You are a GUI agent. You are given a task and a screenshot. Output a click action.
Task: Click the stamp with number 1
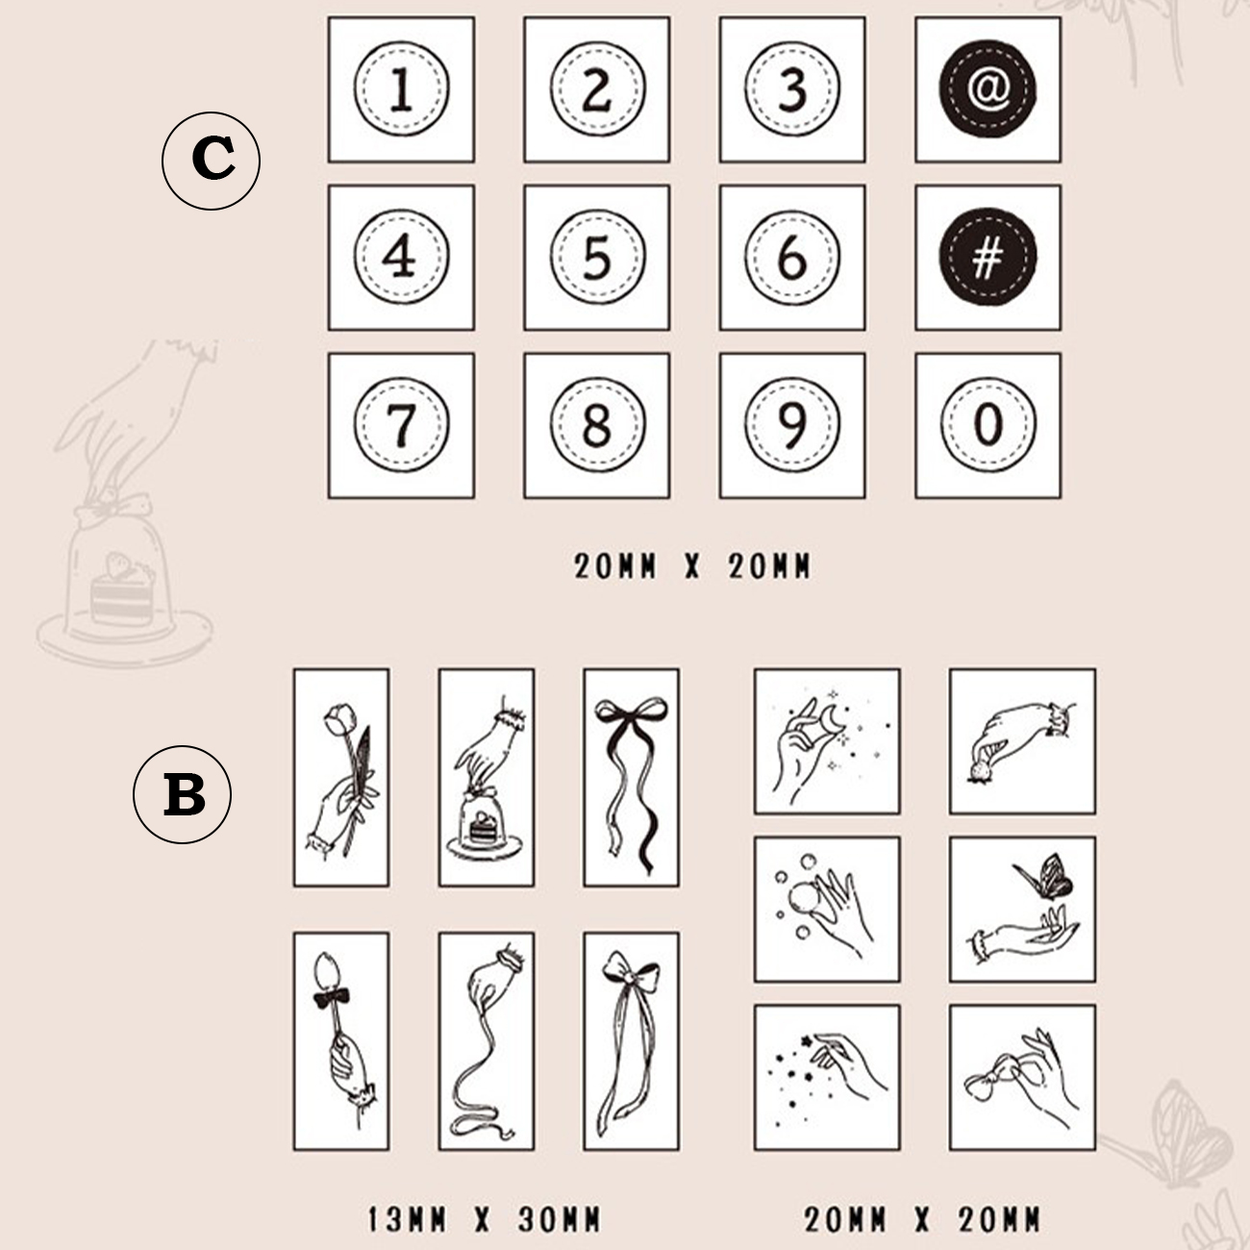click(401, 89)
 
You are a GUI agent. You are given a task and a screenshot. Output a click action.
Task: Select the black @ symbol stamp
click(987, 89)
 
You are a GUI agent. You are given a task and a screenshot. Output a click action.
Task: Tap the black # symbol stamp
click(987, 258)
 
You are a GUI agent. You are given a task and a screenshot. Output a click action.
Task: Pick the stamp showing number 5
click(597, 258)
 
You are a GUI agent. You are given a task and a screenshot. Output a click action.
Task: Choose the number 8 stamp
click(597, 426)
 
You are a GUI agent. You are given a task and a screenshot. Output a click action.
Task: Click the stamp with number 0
click(987, 426)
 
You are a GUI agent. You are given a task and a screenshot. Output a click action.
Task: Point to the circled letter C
click(211, 161)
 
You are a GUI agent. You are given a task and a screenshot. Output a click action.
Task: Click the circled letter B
click(183, 794)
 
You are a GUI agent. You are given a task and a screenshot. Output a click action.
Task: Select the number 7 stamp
click(401, 426)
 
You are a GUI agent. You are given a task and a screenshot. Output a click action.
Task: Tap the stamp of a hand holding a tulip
click(341, 778)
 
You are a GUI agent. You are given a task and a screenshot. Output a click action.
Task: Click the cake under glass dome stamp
click(487, 778)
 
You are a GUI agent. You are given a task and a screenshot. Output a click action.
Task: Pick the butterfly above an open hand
click(1022, 910)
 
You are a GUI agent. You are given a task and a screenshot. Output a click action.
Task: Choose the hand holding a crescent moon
click(827, 741)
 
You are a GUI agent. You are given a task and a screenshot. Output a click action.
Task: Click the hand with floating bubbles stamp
click(827, 910)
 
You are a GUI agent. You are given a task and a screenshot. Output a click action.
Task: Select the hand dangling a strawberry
click(1022, 741)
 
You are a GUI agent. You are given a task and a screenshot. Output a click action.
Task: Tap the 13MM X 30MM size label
click(485, 1219)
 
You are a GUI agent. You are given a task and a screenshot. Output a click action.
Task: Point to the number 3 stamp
click(792, 89)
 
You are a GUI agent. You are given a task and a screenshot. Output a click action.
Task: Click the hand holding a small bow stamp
click(1022, 1078)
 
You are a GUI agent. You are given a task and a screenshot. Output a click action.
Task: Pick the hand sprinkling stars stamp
click(827, 1078)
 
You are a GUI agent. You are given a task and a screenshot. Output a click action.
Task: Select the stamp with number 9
click(792, 426)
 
